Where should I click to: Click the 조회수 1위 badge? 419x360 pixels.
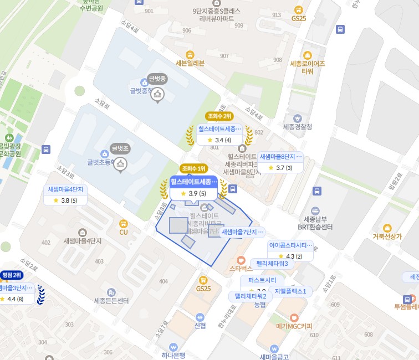(193, 168)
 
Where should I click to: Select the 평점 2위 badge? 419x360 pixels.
(12, 275)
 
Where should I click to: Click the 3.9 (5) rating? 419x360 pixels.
(193, 193)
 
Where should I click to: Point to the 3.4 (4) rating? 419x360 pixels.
(219, 140)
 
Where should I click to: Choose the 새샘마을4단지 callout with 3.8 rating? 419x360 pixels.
(65, 194)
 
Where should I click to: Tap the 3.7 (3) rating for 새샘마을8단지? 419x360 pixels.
(280, 168)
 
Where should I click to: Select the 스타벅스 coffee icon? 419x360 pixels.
(241, 260)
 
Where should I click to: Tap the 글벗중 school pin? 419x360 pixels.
(157, 95)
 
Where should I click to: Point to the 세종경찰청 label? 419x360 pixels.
(298, 127)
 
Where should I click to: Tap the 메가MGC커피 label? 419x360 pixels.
(295, 326)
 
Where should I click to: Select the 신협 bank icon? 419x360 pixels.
(200, 316)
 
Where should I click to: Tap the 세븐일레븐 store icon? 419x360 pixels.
(190, 54)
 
